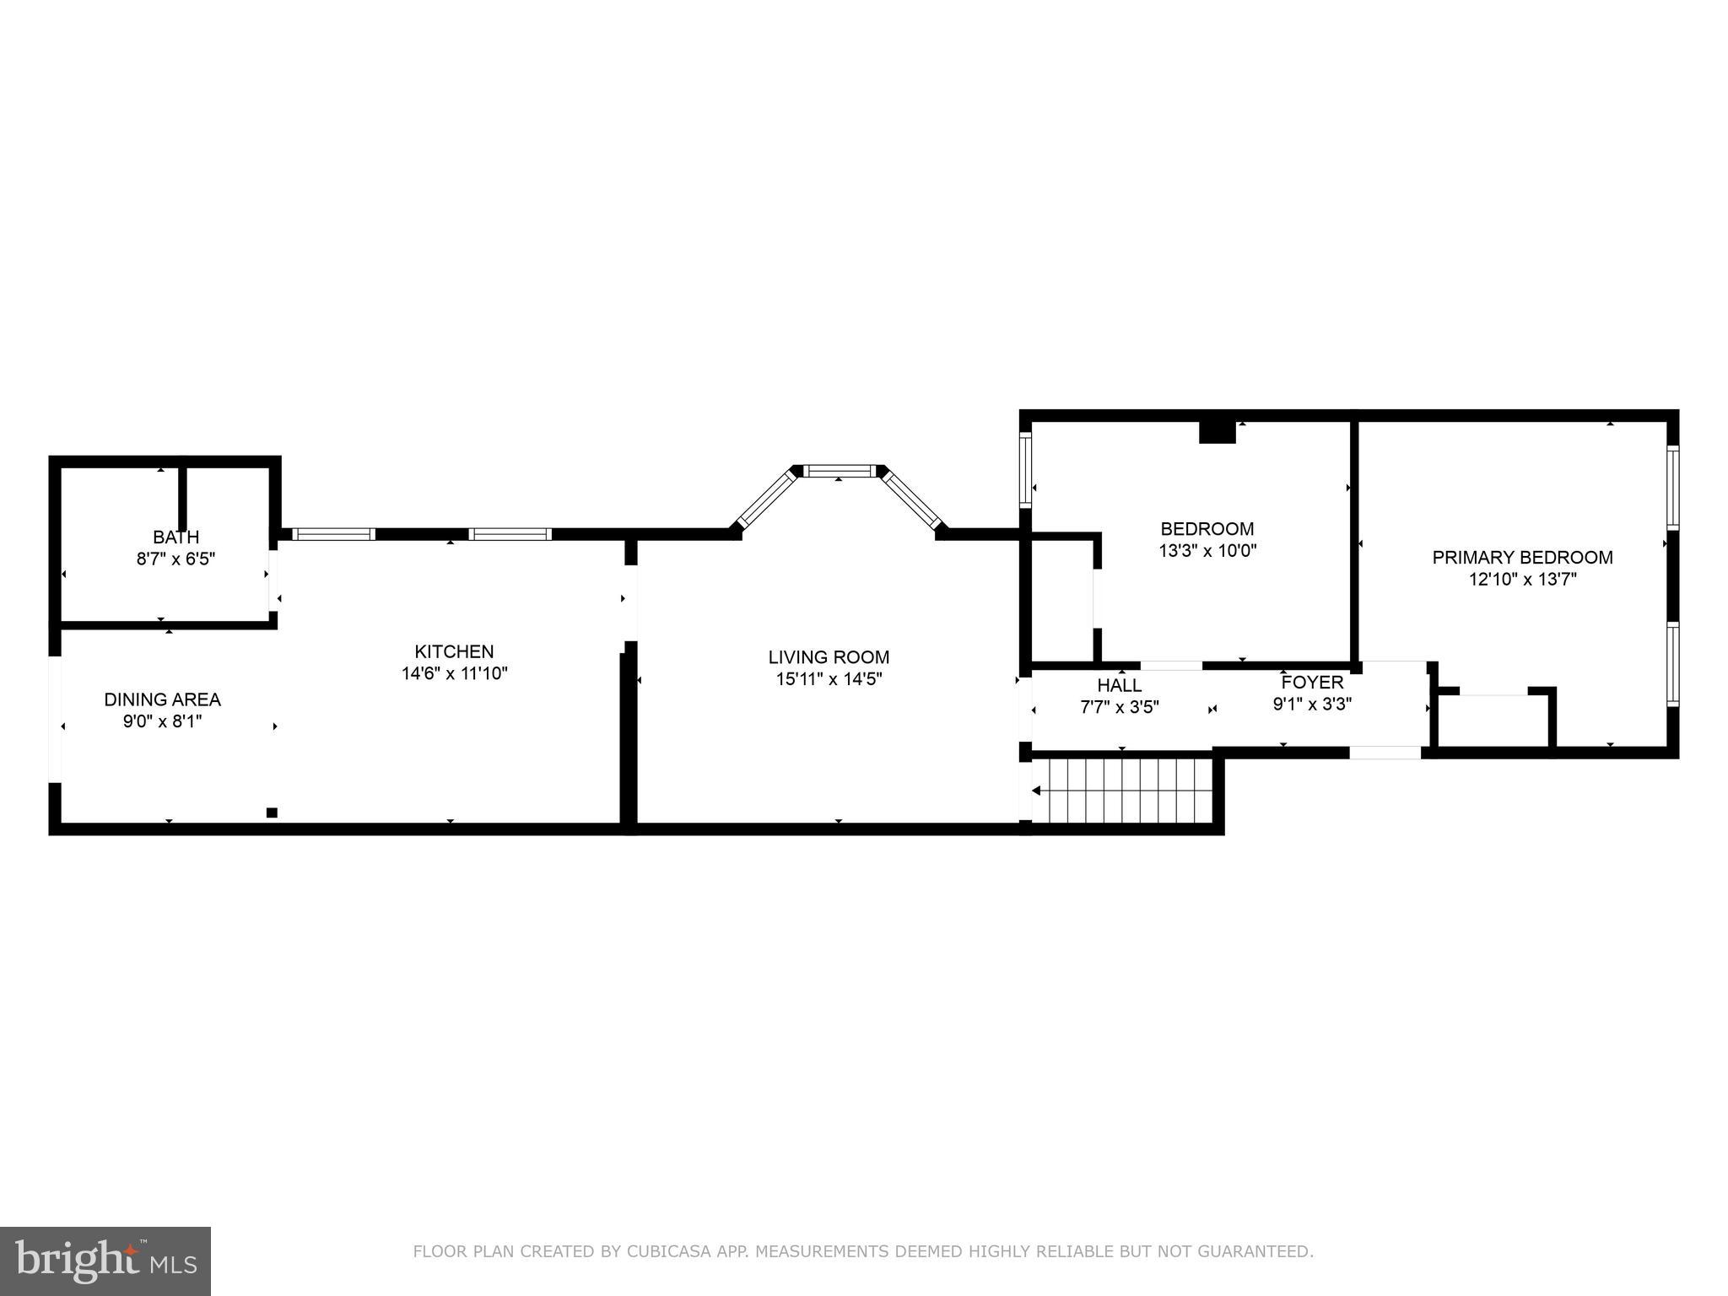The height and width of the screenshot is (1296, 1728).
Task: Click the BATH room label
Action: pos(175,537)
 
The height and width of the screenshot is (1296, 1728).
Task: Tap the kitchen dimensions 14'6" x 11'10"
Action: pos(454,673)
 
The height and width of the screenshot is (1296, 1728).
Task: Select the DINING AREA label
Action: pos(162,699)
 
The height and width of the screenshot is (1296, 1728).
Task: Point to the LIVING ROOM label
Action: pos(829,657)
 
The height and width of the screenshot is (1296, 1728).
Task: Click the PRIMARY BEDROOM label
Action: pos(1522,558)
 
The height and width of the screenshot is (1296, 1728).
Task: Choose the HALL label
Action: pos(1120,685)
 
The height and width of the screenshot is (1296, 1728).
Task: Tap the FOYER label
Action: pos(1311,682)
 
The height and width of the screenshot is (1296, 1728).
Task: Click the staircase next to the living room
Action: pos(1122,790)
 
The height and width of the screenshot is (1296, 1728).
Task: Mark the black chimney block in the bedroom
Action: pos(1217,432)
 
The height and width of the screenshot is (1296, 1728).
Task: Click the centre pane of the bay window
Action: pos(839,471)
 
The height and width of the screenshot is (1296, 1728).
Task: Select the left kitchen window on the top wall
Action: pos(333,534)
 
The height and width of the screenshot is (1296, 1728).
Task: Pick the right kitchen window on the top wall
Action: pos(510,534)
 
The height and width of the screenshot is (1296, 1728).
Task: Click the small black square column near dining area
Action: pos(272,813)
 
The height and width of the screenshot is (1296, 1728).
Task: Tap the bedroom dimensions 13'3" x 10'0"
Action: pos(1207,551)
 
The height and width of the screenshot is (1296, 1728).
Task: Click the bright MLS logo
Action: pos(105,1261)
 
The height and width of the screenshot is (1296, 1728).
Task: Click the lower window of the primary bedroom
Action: pos(1672,664)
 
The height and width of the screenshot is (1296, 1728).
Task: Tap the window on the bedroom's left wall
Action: pos(1025,470)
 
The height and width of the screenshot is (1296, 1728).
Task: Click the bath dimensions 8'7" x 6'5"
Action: pos(175,559)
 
